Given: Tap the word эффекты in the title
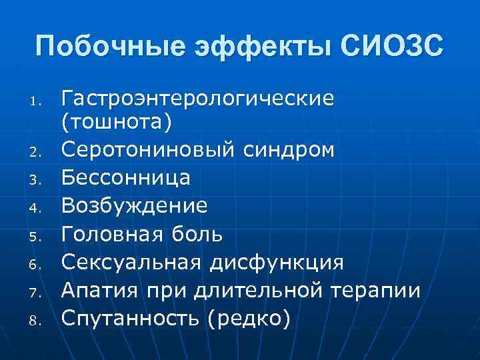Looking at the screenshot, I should [255, 48].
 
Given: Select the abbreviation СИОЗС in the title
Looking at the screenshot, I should [391, 48].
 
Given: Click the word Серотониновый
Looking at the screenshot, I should [147, 149].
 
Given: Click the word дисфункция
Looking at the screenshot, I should [278, 263].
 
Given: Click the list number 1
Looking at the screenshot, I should [39, 103].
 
